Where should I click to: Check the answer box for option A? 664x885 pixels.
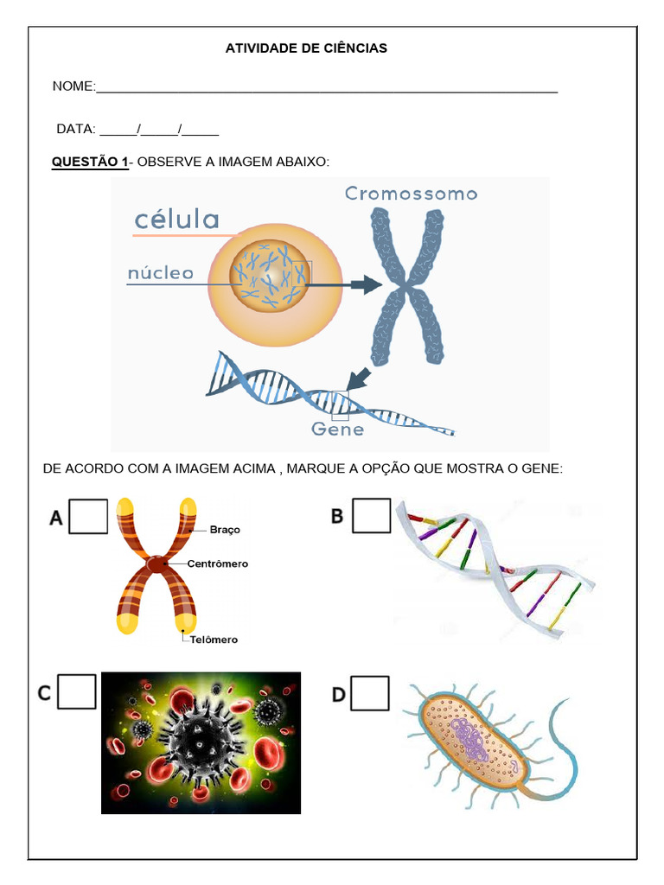[x=88, y=517]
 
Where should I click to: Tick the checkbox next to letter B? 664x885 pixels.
[x=372, y=515]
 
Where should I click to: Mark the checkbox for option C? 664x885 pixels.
[x=77, y=691]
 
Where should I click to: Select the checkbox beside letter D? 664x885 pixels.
[x=370, y=693]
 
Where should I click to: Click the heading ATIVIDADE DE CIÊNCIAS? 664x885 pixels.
[x=306, y=48]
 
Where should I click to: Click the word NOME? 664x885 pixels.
[x=73, y=86]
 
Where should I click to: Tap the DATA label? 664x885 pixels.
[x=76, y=130]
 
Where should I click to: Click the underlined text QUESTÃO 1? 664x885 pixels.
[x=90, y=162]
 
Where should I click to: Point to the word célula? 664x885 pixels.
[x=176, y=219]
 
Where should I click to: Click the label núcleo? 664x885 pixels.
[x=160, y=273]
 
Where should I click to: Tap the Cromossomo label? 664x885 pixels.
[x=411, y=194]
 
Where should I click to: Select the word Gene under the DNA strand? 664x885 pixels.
[x=338, y=429]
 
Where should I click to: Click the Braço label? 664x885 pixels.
[x=225, y=530]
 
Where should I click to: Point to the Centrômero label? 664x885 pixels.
[x=217, y=563]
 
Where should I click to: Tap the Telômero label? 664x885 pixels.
[x=214, y=640]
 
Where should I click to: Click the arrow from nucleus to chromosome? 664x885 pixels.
[x=344, y=284]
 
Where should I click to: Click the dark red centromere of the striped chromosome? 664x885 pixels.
[x=156, y=563]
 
